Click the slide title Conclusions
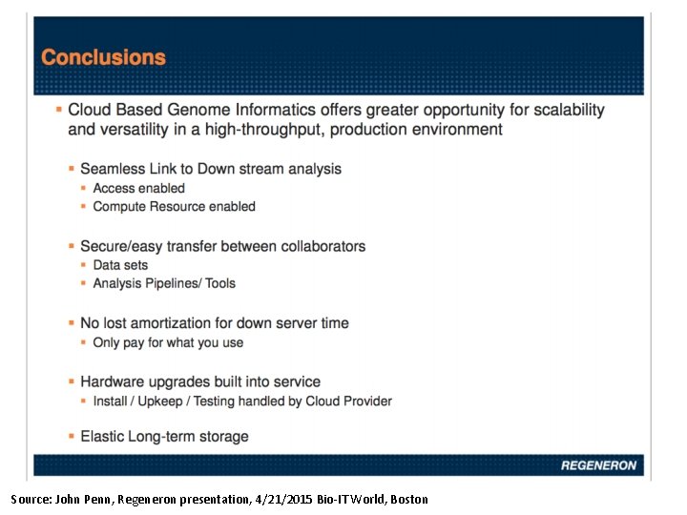[x=103, y=57]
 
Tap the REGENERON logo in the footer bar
[x=597, y=465]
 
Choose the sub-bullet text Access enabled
[x=138, y=188]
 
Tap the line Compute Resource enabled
[x=174, y=206]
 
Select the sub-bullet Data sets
[x=120, y=265]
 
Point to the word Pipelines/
[x=173, y=283]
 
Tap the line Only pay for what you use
[x=168, y=342]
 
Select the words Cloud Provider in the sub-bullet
[x=348, y=402]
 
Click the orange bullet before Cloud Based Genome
[x=59, y=110]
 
